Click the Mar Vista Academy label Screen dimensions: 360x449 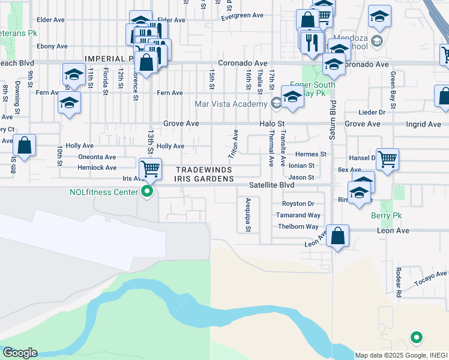click(231, 104)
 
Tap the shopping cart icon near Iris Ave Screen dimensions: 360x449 click(150, 169)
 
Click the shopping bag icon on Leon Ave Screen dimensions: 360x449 click(337, 236)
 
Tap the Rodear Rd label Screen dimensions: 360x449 click(397, 281)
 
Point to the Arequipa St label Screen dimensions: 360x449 click(247, 215)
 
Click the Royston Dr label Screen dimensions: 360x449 click(298, 204)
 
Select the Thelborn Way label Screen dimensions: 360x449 click(298, 227)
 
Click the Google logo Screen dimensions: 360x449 click(20, 353)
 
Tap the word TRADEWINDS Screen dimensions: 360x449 click(203, 170)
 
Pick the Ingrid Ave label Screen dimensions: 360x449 click(424, 124)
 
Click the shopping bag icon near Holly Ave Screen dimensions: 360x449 click(24, 145)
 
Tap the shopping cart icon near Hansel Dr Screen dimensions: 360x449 click(387, 160)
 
